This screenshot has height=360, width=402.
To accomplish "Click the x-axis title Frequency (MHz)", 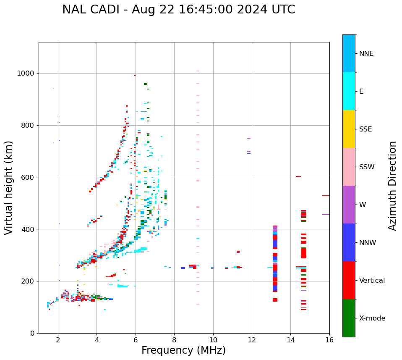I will [x=183, y=350].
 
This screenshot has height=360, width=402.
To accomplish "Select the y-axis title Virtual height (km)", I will [x=9, y=187].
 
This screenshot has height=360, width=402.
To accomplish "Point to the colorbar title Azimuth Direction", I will [x=392, y=185].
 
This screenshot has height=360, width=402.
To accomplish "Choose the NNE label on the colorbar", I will [x=366, y=53].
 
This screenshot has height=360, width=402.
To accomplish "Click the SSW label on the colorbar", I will [x=366, y=167].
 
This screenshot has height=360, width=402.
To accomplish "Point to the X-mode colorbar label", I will [x=372, y=318].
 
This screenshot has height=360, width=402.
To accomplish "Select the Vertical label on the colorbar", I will [x=372, y=280].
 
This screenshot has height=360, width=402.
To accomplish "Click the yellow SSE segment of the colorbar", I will [x=349, y=129].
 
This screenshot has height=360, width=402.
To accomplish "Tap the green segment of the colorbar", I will [x=349, y=318].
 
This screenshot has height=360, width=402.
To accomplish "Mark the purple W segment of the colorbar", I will [x=349, y=205].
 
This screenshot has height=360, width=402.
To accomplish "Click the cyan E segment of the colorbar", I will [x=349, y=91].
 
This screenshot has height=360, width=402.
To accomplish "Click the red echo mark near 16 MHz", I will [x=326, y=196].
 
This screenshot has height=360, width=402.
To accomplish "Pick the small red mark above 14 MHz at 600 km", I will [x=298, y=176].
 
